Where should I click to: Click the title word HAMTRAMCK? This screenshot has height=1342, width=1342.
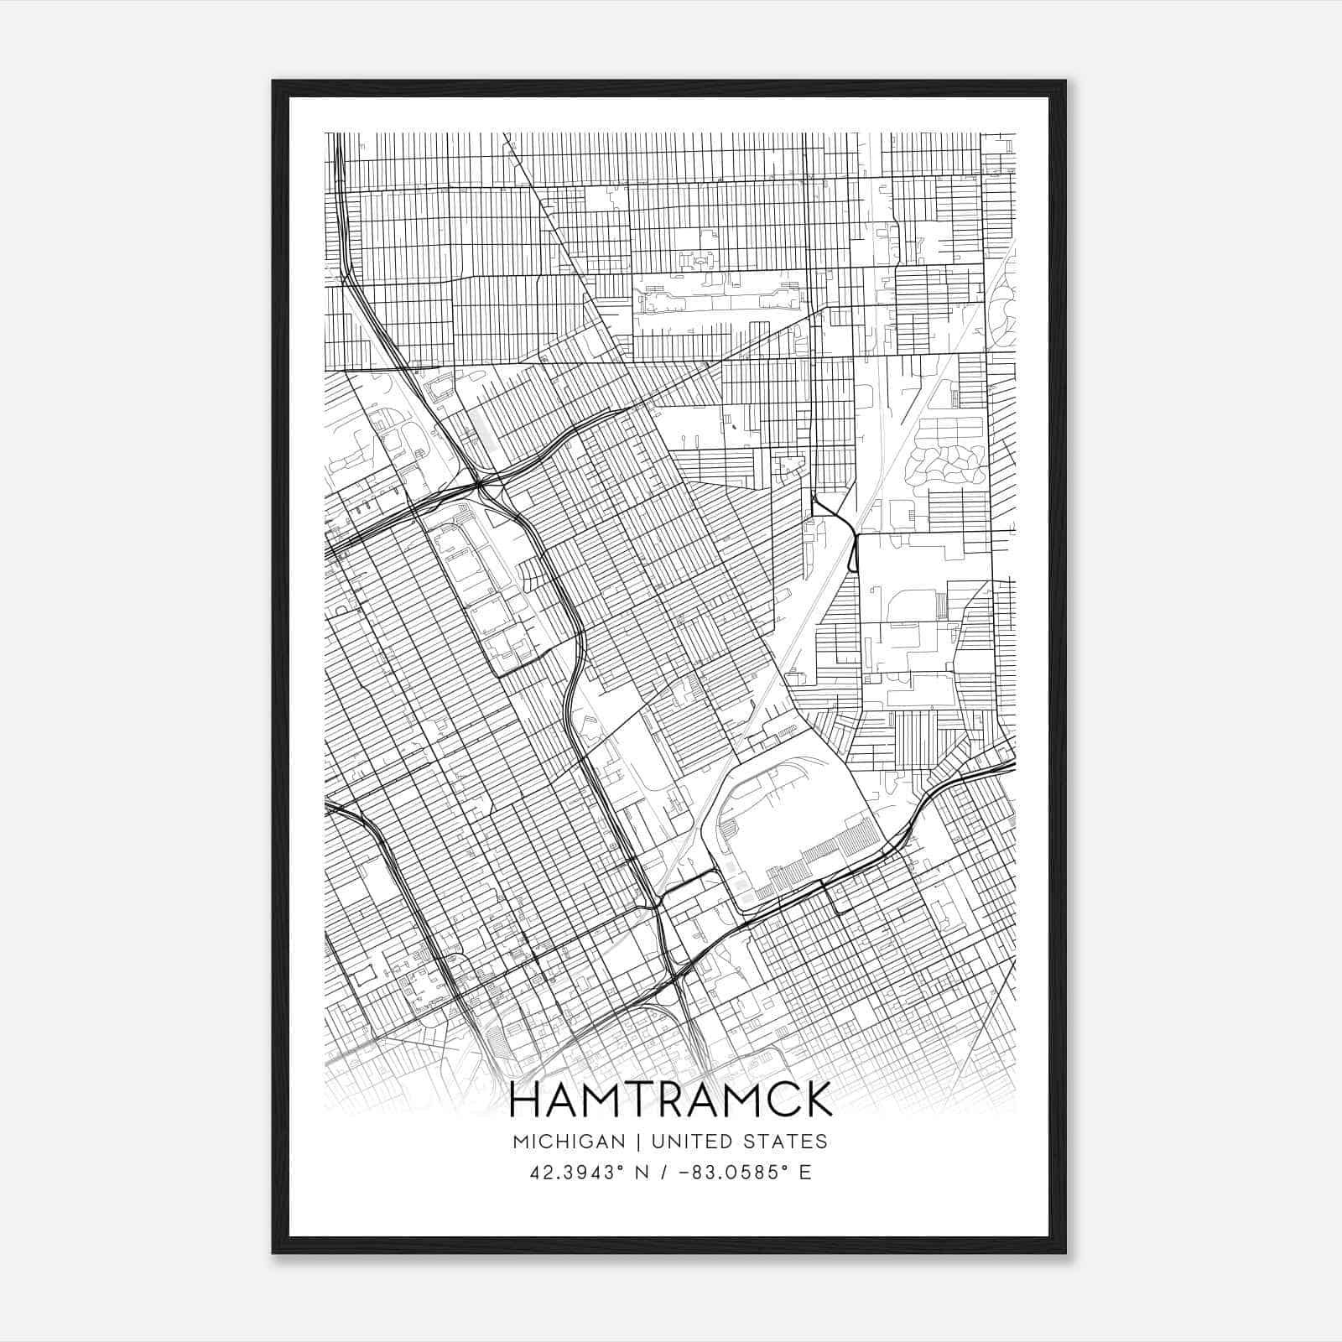click(x=670, y=1100)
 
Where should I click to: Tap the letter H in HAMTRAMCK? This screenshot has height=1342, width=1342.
click(x=526, y=1100)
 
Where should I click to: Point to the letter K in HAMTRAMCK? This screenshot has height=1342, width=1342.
click(x=816, y=1100)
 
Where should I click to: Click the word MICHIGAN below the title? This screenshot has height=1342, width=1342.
click(x=569, y=1142)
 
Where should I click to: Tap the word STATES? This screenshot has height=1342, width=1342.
click(x=788, y=1142)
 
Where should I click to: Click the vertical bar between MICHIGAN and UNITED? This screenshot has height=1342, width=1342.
click(x=638, y=1142)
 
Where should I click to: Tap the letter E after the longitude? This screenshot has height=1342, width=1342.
click(x=805, y=1173)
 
